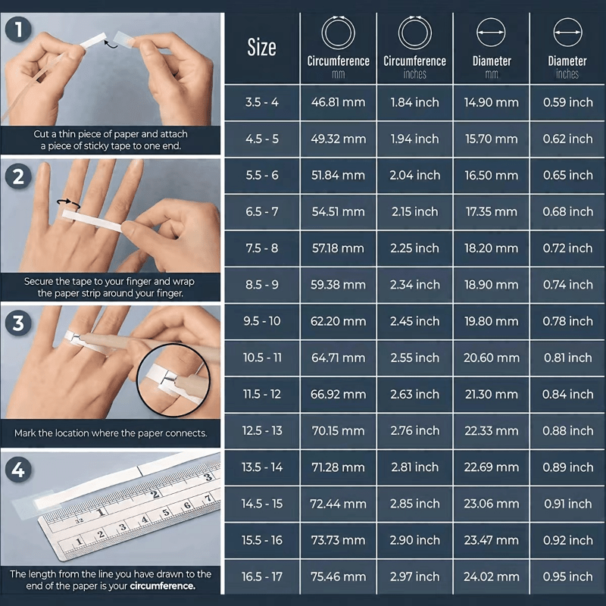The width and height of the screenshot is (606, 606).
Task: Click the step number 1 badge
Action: [17, 30]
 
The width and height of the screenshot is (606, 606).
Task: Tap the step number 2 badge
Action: [17, 176]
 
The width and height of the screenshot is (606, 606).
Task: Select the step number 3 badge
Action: [17, 323]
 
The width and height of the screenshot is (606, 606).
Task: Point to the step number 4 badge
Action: [17, 470]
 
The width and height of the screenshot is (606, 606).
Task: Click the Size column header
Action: [262, 48]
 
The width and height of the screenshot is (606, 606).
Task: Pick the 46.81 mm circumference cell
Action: [338, 102]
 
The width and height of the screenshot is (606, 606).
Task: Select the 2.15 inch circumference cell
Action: [415, 212]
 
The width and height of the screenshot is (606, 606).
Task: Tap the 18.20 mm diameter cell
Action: [492, 248]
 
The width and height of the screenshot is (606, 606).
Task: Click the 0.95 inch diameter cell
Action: [567, 577]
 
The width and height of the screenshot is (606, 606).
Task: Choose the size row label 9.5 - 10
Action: [262, 321]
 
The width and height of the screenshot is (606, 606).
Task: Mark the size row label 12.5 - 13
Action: [262, 431]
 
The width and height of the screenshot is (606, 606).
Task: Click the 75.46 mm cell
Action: [338, 577]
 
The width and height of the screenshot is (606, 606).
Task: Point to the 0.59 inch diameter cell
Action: [567, 102]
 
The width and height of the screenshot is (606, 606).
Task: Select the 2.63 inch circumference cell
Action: [415, 395]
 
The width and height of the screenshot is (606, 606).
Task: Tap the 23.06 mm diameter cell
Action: [492, 504]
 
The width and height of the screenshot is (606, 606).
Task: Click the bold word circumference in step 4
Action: [162, 586]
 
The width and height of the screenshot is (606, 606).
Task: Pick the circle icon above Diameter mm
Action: [491, 33]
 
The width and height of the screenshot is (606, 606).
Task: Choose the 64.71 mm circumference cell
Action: [338, 358]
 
